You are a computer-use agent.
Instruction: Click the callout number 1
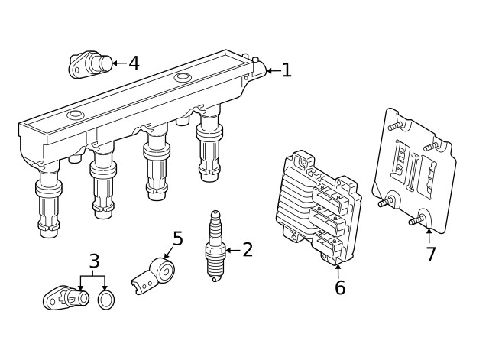(x=287, y=71)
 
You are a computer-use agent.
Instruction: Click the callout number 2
(x=248, y=249)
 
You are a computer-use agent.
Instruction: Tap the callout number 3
(x=94, y=262)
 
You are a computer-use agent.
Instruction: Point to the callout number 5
(x=177, y=239)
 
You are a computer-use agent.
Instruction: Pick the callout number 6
(x=340, y=287)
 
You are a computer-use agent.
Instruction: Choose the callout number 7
(x=431, y=255)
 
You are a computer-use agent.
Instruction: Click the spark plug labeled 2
(x=213, y=246)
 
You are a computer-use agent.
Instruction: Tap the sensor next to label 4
(x=89, y=64)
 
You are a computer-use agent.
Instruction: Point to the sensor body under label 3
(x=63, y=297)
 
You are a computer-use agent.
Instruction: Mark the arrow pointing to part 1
(x=271, y=71)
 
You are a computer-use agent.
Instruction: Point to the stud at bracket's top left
(x=393, y=126)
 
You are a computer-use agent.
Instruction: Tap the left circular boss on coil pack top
(x=75, y=115)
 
